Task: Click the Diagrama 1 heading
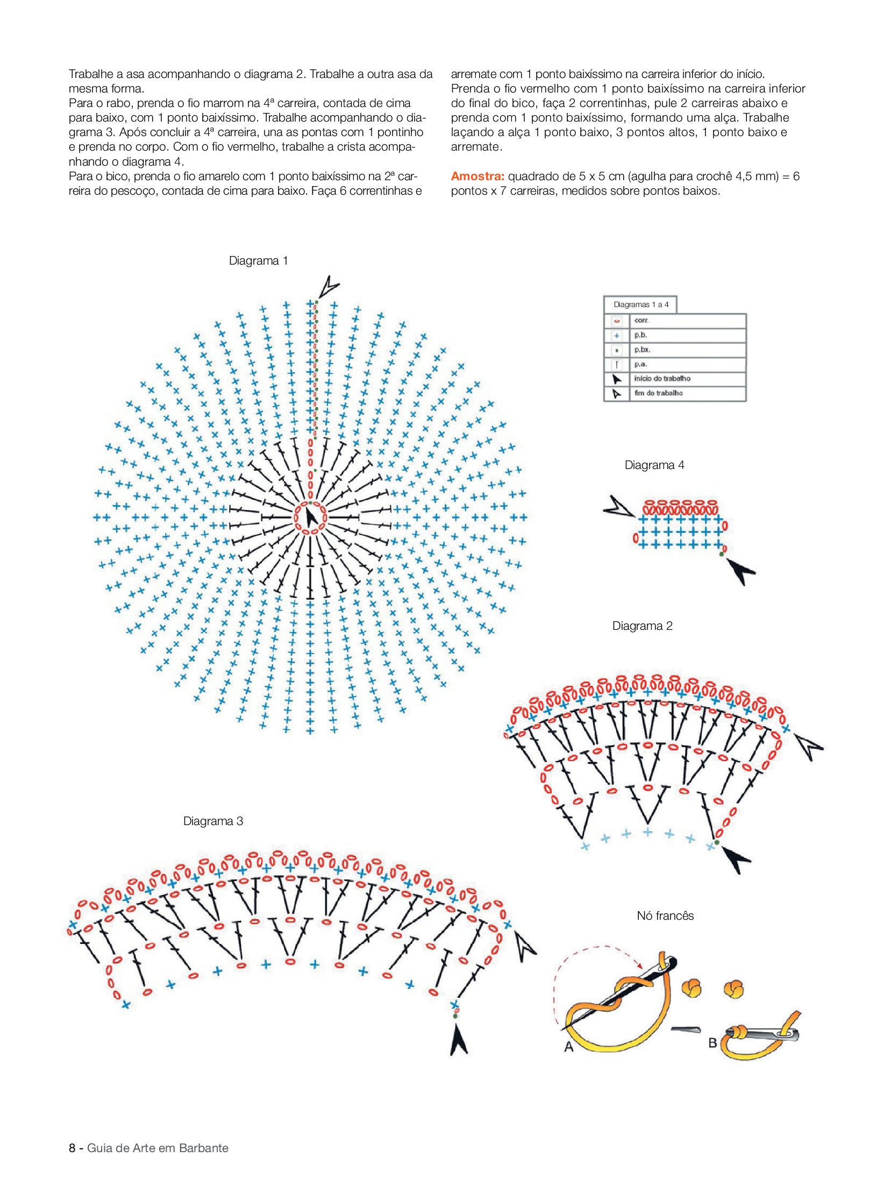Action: (258, 261)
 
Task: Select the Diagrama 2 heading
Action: (642, 626)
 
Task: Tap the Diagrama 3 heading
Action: (213, 821)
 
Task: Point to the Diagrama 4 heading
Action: (654, 465)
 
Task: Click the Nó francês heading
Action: (665, 916)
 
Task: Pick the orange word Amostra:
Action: (477, 176)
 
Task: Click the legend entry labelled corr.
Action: (641, 321)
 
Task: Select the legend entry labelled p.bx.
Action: (642, 350)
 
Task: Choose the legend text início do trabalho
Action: (662, 379)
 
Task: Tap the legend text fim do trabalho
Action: (658, 393)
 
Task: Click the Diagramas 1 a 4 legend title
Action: (641, 304)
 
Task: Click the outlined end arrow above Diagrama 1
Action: (328, 286)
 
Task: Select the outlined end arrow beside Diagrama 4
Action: (618, 507)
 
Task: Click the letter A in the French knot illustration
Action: (569, 1047)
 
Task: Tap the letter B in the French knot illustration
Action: (712, 1042)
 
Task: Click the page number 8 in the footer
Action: (72, 1148)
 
